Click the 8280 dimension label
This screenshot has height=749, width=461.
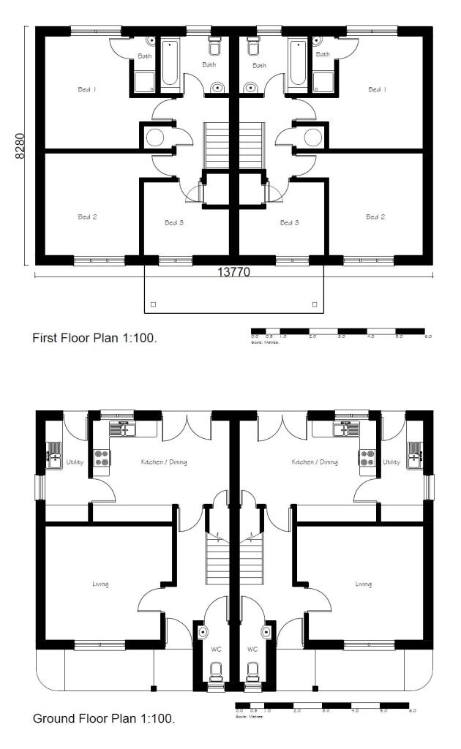(20, 146)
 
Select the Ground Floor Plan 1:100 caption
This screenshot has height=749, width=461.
(104, 719)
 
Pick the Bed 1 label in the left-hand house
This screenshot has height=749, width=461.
(88, 90)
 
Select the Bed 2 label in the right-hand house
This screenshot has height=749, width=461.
(375, 217)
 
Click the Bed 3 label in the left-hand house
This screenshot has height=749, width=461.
(174, 222)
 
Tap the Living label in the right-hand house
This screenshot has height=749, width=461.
(364, 584)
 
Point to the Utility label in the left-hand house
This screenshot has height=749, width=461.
(75, 462)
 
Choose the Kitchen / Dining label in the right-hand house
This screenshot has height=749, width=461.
(315, 462)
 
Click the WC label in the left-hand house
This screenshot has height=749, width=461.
(214, 649)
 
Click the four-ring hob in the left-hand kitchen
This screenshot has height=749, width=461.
(100, 457)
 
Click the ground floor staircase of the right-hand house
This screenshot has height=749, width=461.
(251, 560)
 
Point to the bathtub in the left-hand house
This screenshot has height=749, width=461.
(168, 64)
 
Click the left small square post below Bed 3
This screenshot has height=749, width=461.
(152, 304)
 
